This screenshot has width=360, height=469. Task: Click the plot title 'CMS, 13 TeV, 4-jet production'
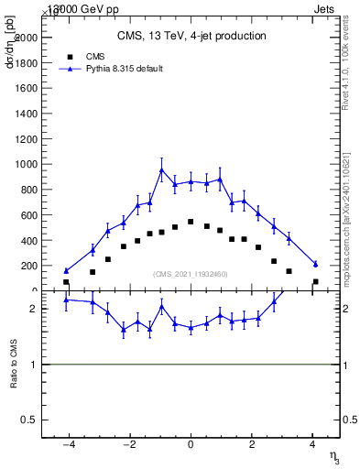[191, 37]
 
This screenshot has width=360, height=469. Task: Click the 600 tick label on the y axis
[27, 215]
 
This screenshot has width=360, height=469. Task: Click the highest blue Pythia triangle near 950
[161, 169]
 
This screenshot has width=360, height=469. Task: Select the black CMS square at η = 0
[191, 222]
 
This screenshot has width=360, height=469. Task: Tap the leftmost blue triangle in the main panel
[66, 270]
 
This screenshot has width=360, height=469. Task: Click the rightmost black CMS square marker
[315, 282]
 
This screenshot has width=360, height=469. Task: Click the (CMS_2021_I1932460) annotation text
[191, 274]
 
